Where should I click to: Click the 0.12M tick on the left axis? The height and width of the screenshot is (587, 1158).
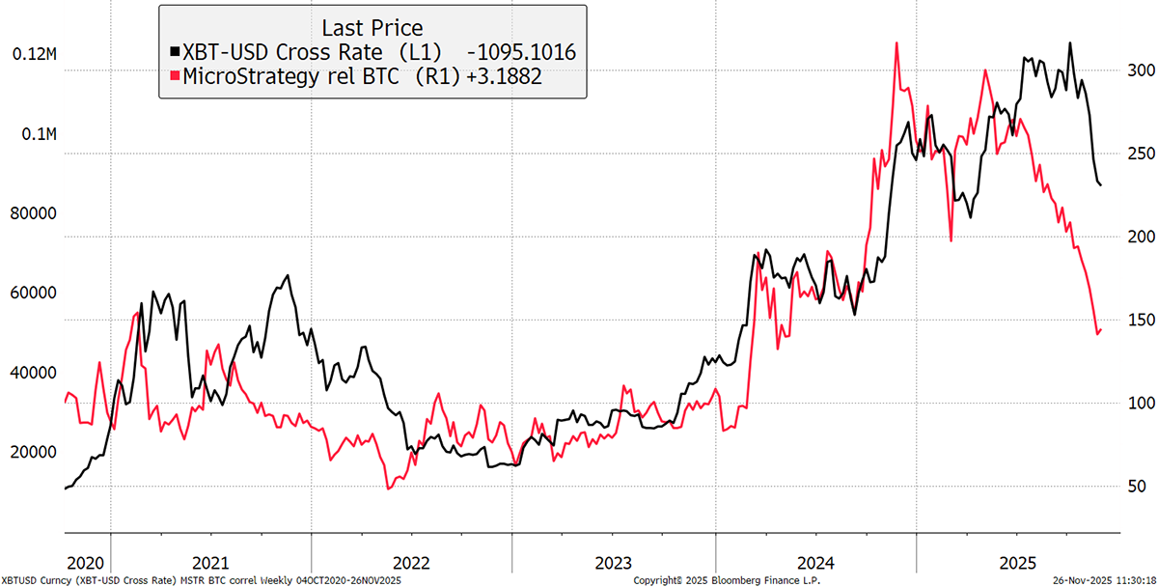[35, 55]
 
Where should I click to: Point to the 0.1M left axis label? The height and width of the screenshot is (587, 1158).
[39, 134]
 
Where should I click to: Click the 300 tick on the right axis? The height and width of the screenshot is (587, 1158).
[1141, 70]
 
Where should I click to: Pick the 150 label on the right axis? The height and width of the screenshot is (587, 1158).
[1141, 320]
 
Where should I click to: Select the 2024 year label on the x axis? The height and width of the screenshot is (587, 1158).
[816, 562]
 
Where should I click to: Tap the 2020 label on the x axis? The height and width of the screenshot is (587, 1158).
[87, 562]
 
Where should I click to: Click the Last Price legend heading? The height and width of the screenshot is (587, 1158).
[372, 27]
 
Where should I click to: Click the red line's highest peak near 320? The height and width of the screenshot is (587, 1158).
[897, 42]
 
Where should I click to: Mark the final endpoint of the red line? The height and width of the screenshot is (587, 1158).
[1101, 330]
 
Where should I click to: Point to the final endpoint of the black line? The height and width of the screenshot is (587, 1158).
[1102, 184]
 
